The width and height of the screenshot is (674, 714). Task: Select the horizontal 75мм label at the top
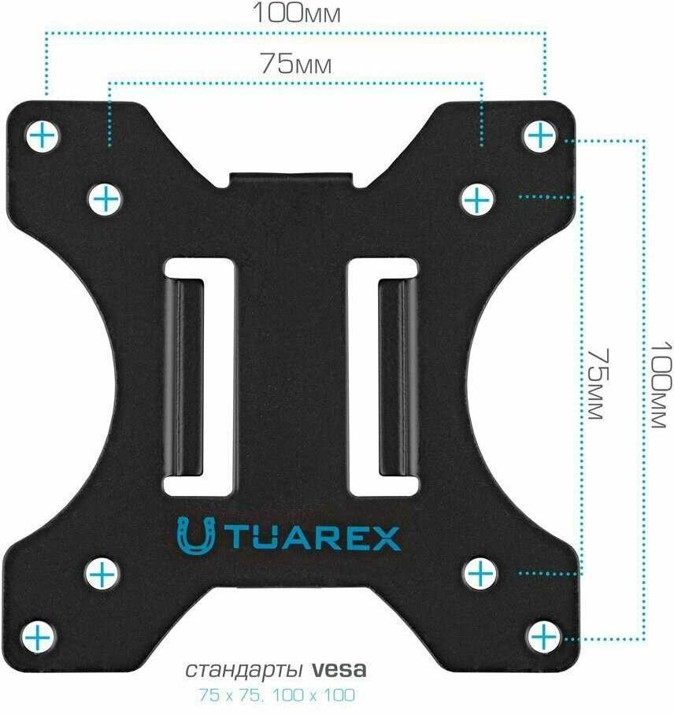click(295, 64)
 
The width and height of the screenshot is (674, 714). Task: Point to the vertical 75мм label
click(598, 383)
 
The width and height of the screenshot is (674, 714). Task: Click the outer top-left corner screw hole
click(43, 136)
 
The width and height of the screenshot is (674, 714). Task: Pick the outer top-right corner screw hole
click(540, 136)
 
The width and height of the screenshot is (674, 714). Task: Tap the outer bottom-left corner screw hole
click(38, 634)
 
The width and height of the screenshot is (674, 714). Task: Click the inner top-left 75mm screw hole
click(105, 199)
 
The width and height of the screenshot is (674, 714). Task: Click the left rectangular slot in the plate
click(201, 375)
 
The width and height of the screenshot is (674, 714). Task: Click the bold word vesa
click(339, 671)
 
